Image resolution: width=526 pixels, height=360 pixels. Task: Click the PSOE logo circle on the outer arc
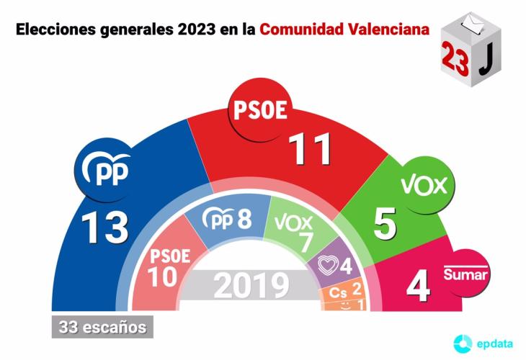pos(259,111)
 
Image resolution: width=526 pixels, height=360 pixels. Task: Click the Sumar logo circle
pos(465,274)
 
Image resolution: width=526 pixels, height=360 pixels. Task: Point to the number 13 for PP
pos(104,228)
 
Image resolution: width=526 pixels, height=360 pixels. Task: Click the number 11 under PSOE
pos(310,149)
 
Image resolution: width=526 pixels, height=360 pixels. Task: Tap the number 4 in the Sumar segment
pos(418,287)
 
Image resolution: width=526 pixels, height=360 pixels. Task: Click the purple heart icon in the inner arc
pos(328,266)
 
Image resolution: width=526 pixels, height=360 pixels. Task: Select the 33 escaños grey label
pos(99,327)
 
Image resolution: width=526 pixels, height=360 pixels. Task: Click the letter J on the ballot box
pos(486,62)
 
